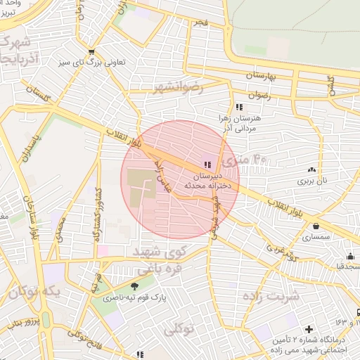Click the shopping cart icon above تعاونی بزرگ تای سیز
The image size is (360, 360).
click(x=91, y=51)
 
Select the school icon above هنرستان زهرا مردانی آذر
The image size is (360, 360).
click(x=239, y=107)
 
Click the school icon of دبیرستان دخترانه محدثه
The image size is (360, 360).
click(x=206, y=164)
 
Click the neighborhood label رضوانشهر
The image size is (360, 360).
click(x=178, y=88)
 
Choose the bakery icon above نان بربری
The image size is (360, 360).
click(x=311, y=169)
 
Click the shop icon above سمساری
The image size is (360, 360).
click(x=316, y=226)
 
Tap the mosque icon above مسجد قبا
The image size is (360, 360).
click(x=350, y=256)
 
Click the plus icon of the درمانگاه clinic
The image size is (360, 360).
click(x=308, y=329)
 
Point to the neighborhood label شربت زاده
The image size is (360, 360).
click(x=271, y=295)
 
